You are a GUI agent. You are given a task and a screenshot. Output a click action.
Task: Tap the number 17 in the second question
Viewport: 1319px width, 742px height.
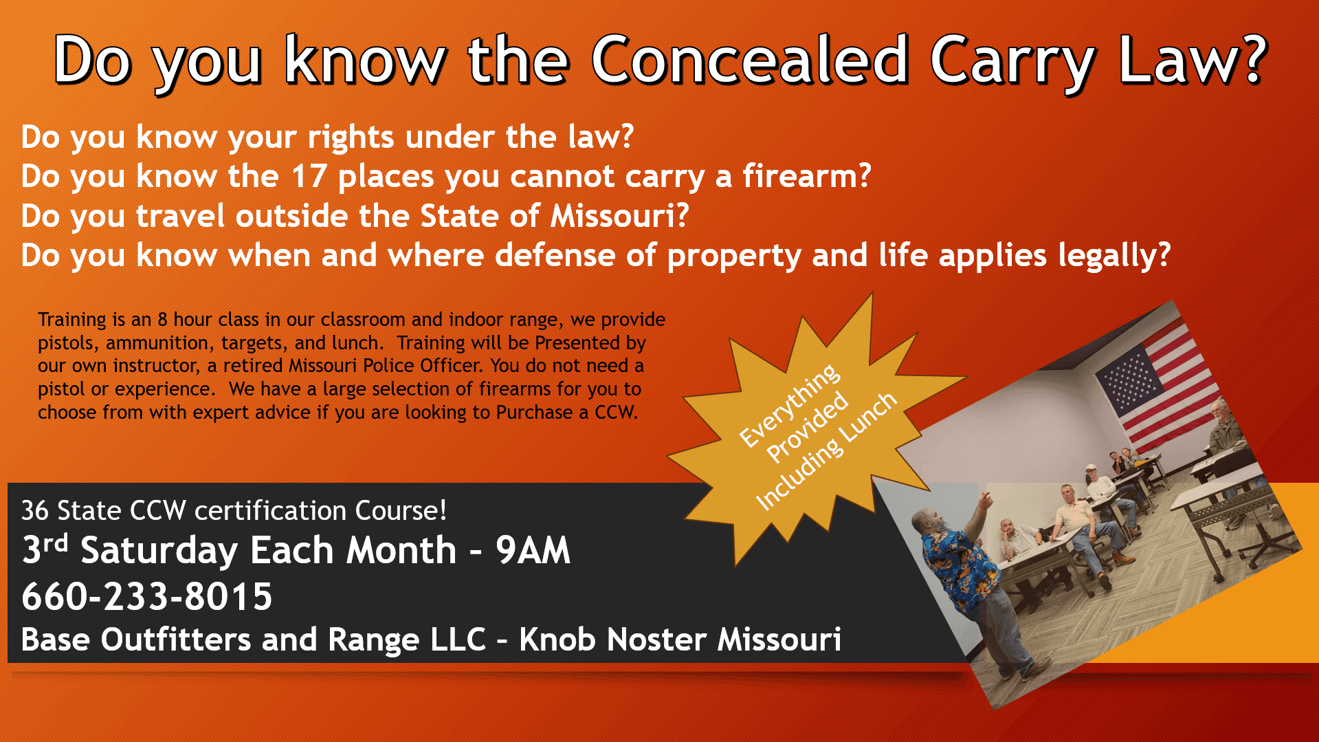pyautogui.click(x=309, y=176)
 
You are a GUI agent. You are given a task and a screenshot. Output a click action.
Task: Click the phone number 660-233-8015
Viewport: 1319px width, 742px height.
pyautogui.click(x=147, y=596)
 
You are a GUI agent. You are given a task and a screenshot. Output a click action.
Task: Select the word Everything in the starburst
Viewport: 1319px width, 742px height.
pyautogui.click(x=789, y=405)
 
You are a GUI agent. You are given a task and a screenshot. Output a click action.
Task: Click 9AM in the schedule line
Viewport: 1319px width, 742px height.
pyautogui.click(x=533, y=550)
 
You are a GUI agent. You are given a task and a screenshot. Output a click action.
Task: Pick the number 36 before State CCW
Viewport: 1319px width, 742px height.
pyautogui.click(x=35, y=511)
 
